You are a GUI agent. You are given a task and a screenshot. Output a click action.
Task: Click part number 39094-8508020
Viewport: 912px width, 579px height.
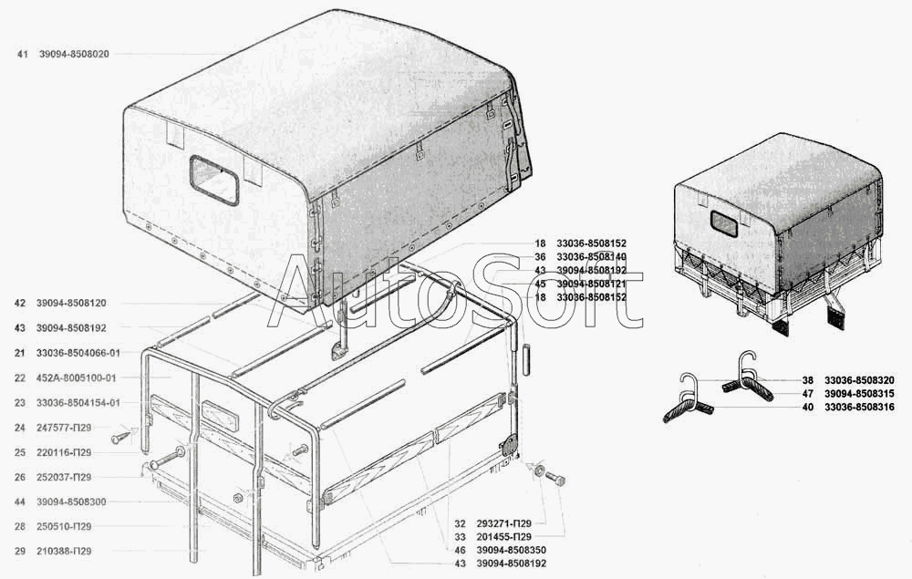click(x=74, y=55)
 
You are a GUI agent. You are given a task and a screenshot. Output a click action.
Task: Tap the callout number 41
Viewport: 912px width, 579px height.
click(x=21, y=55)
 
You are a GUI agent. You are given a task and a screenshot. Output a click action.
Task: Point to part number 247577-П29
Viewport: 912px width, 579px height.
click(x=65, y=428)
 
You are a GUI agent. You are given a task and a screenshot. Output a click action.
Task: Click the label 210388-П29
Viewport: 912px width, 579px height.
click(x=65, y=552)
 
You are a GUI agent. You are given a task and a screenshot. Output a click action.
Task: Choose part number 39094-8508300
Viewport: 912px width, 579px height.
click(x=73, y=501)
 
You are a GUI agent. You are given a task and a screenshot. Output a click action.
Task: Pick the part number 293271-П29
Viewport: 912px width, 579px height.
click(x=503, y=523)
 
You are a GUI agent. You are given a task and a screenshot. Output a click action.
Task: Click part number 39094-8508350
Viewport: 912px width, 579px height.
click(x=512, y=551)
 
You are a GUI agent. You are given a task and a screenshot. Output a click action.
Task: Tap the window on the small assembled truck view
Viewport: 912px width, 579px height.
click(x=723, y=222)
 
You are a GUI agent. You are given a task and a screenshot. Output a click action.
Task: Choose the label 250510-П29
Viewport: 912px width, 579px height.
click(x=65, y=526)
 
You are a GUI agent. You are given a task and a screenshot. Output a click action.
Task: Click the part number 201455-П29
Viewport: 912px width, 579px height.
click(x=503, y=537)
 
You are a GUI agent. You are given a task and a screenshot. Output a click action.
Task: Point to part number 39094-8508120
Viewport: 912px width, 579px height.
click(x=74, y=302)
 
